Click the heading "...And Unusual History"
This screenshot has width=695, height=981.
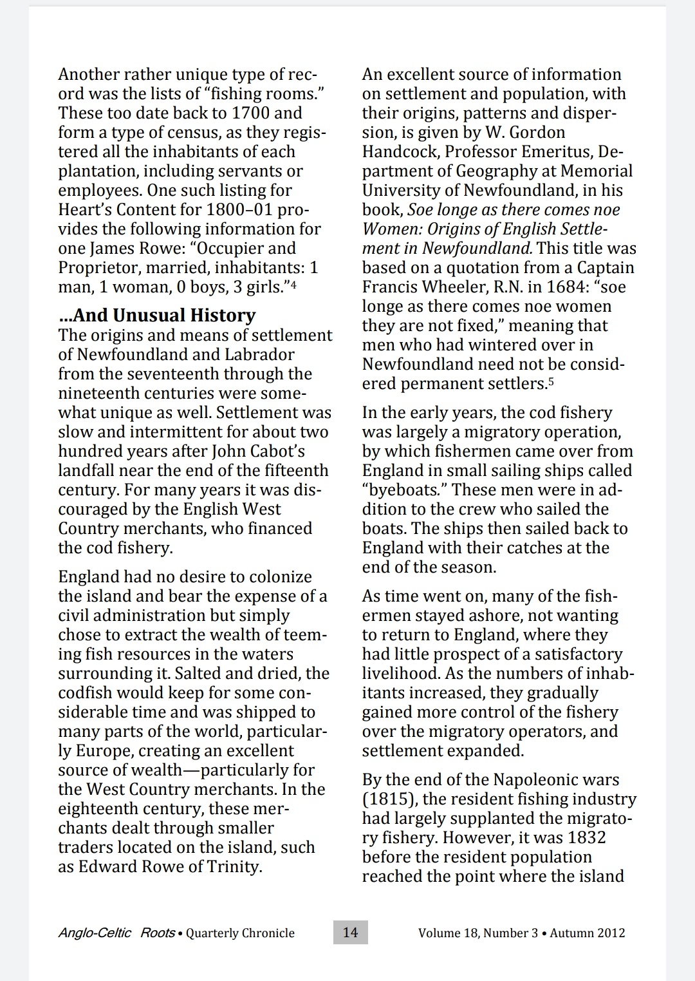[157, 315]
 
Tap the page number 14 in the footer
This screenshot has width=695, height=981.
[350, 932]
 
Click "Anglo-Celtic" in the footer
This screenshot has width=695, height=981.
[95, 933]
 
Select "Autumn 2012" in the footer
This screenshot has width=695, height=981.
[588, 933]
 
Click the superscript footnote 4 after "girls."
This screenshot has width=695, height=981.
[293, 283]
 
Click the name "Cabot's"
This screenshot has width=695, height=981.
[274, 451]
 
